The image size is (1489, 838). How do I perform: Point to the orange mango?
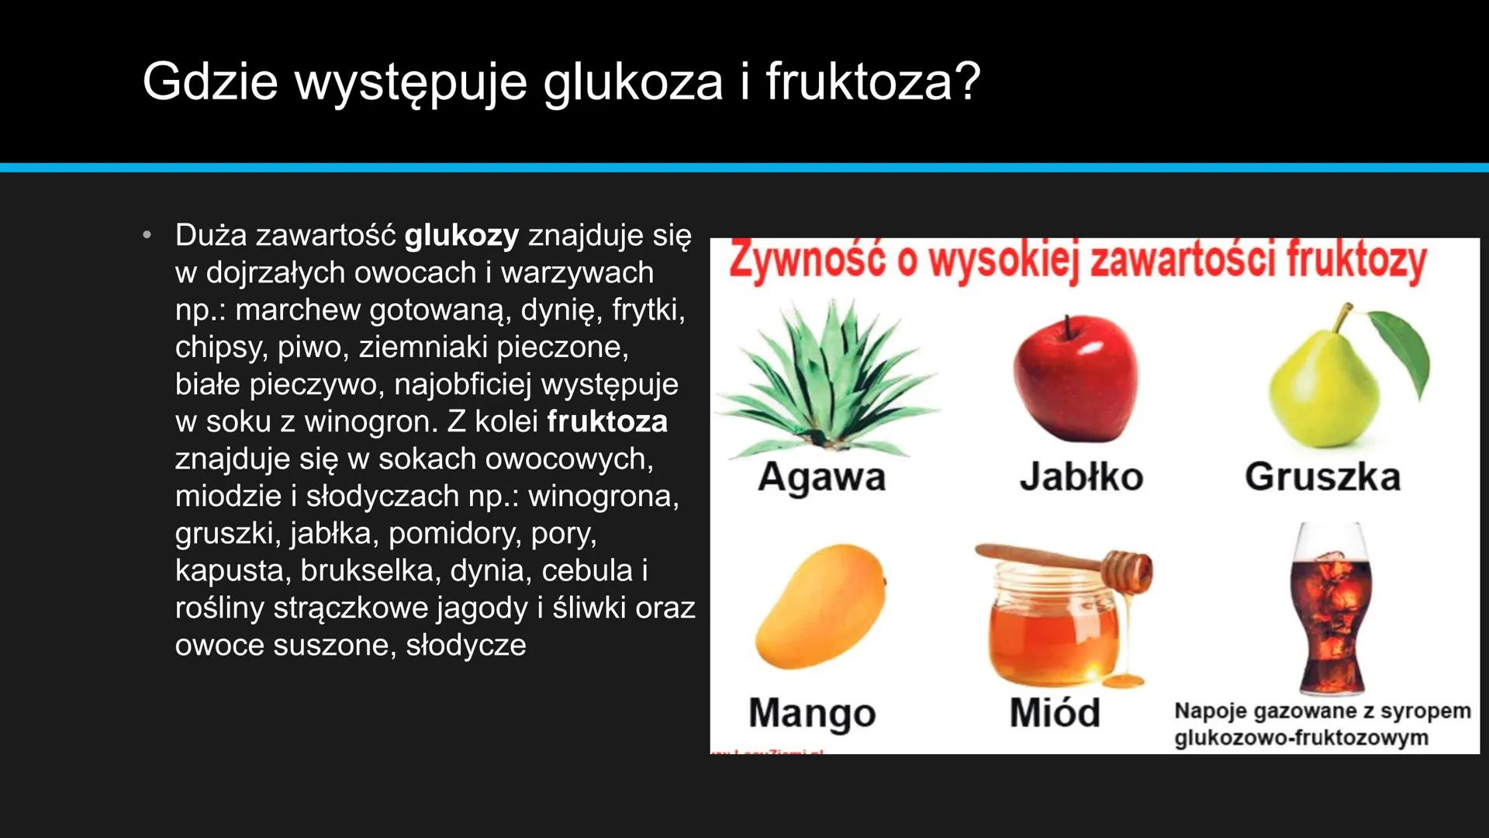point(821,605)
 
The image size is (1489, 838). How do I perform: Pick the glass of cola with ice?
point(1331,613)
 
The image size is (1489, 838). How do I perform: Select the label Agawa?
point(822,476)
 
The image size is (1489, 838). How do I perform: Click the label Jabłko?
point(1081,476)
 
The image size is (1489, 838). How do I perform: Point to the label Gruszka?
point(1323,476)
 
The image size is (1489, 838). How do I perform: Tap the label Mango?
point(812,713)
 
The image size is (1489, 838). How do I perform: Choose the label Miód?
point(1055,713)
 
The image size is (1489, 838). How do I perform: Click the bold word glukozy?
point(461,236)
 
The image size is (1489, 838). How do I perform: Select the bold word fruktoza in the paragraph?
point(607,421)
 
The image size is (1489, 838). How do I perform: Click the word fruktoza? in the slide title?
point(873,81)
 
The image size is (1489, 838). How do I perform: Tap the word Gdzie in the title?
point(210,81)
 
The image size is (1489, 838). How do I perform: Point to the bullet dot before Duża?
point(147,235)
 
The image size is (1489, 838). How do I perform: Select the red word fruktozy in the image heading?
point(1356,261)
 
